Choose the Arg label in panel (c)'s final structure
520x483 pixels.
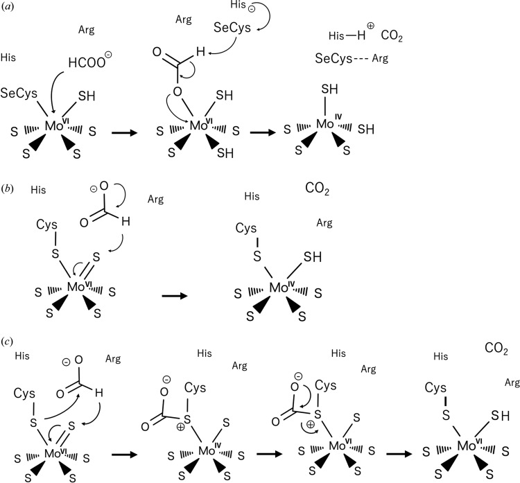tap(512, 383)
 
